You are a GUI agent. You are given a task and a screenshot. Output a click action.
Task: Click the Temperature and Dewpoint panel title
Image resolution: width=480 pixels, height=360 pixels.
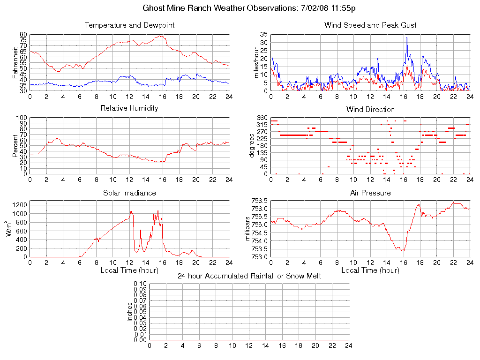tap(129, 25)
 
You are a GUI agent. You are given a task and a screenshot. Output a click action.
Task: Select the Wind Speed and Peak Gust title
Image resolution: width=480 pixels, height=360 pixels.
tap(370, 25)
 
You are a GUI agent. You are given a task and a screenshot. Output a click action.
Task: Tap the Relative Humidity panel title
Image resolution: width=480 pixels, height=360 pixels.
tap(129, 108)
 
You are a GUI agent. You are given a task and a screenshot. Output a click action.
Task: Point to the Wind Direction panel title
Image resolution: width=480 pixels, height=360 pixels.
tap(370, 110)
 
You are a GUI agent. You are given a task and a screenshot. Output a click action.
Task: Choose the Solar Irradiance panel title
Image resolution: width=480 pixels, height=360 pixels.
tap(129, 193)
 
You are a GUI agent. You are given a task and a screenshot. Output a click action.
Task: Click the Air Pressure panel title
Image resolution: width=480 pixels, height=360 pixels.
tap(370, 193)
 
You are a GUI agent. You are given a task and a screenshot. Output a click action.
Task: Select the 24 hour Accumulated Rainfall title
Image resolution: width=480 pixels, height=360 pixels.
tap(249, 276)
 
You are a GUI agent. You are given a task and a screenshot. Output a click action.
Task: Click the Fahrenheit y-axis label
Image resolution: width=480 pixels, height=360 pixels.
tap(15, 62)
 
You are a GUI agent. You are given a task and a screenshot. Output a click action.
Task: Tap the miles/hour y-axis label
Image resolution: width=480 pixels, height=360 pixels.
tap(256, 62)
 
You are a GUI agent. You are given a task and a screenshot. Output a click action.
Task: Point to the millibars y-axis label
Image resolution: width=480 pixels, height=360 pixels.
tap(249, 229)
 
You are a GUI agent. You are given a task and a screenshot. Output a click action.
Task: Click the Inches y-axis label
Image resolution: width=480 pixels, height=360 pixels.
tap(130, 312)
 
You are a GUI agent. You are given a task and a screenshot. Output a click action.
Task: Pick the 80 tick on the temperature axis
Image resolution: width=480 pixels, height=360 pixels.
tap(23, 35)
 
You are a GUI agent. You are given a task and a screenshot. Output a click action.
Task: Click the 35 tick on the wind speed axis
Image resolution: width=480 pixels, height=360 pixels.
tap(264, 35)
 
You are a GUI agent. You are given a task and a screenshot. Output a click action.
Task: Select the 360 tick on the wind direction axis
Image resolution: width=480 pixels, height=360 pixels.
tap(262, 118)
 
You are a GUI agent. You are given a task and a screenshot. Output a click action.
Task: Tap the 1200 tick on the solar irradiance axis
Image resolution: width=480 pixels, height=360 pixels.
tap(21, 205)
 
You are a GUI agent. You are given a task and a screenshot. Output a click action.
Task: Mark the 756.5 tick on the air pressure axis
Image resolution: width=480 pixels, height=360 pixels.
tap(259, 201)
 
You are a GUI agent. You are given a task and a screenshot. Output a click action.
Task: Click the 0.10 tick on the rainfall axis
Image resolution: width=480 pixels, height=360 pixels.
tap(140, 284)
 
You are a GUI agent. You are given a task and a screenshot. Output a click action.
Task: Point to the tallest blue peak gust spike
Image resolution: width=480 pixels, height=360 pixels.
tap(406, 38)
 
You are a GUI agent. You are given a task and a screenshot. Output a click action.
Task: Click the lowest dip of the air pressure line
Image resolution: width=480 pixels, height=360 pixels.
tap(403, 250)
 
